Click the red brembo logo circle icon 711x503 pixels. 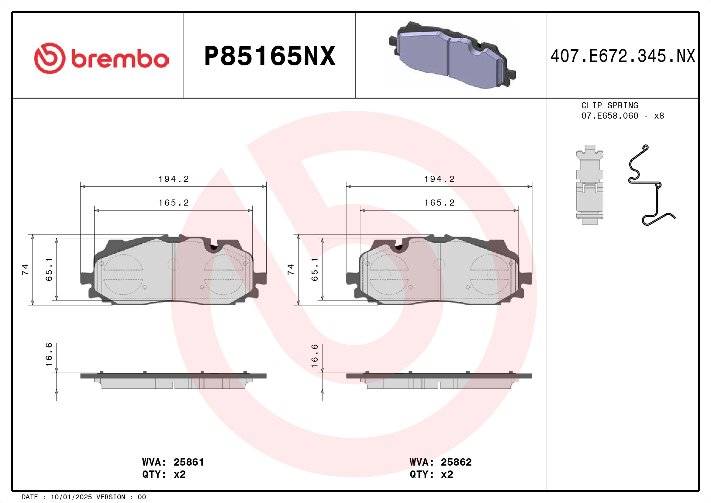tap(50, 58)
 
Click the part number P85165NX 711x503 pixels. tap(270, 56)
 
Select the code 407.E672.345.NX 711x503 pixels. tap(623, 56)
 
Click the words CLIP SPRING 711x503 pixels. tap(609, 105)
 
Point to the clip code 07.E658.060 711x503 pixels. tap(609, 116)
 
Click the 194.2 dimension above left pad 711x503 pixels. tap(173, 179)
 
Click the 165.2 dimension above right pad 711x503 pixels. tap(439, 203)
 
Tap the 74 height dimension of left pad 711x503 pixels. tap(25, 269)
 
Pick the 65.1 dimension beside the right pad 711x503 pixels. tap(315, 269)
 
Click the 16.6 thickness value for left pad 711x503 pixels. tap(49, 354)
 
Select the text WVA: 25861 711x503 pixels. tap(173, 462)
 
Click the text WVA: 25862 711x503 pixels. tap(440, 462)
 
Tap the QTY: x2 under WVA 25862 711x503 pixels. tap(431, 474)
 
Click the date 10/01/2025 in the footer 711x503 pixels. tap(71, 497)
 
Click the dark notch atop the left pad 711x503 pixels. tap(213, 247)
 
